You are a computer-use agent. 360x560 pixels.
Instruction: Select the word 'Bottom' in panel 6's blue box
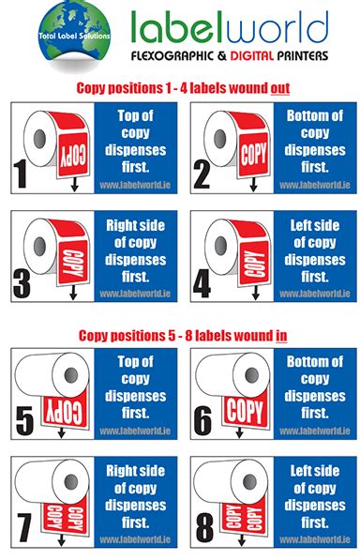coord(307,361)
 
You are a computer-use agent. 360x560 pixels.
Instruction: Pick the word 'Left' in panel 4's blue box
coord(297,225)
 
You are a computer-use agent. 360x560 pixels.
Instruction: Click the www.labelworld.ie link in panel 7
coord(134,539)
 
